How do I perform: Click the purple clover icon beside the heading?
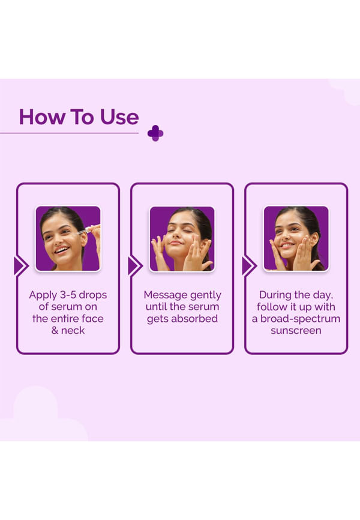(155, 133)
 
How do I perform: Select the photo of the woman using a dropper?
(68, 238)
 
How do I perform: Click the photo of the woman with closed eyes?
(182, 238)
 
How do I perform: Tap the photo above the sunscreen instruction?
(296, 238)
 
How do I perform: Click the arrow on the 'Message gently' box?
(135, 266)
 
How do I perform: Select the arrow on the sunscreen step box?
(249, 266)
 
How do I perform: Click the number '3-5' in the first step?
(68, 295)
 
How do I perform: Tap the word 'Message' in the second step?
(161, 295)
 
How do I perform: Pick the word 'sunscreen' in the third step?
(296, 331)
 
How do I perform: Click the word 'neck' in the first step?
(73, 331)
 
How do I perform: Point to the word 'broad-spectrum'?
(301, 319)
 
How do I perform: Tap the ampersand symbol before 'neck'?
(55, 331)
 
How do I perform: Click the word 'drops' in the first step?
(93, 295)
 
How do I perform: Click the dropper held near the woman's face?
(89, 229)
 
